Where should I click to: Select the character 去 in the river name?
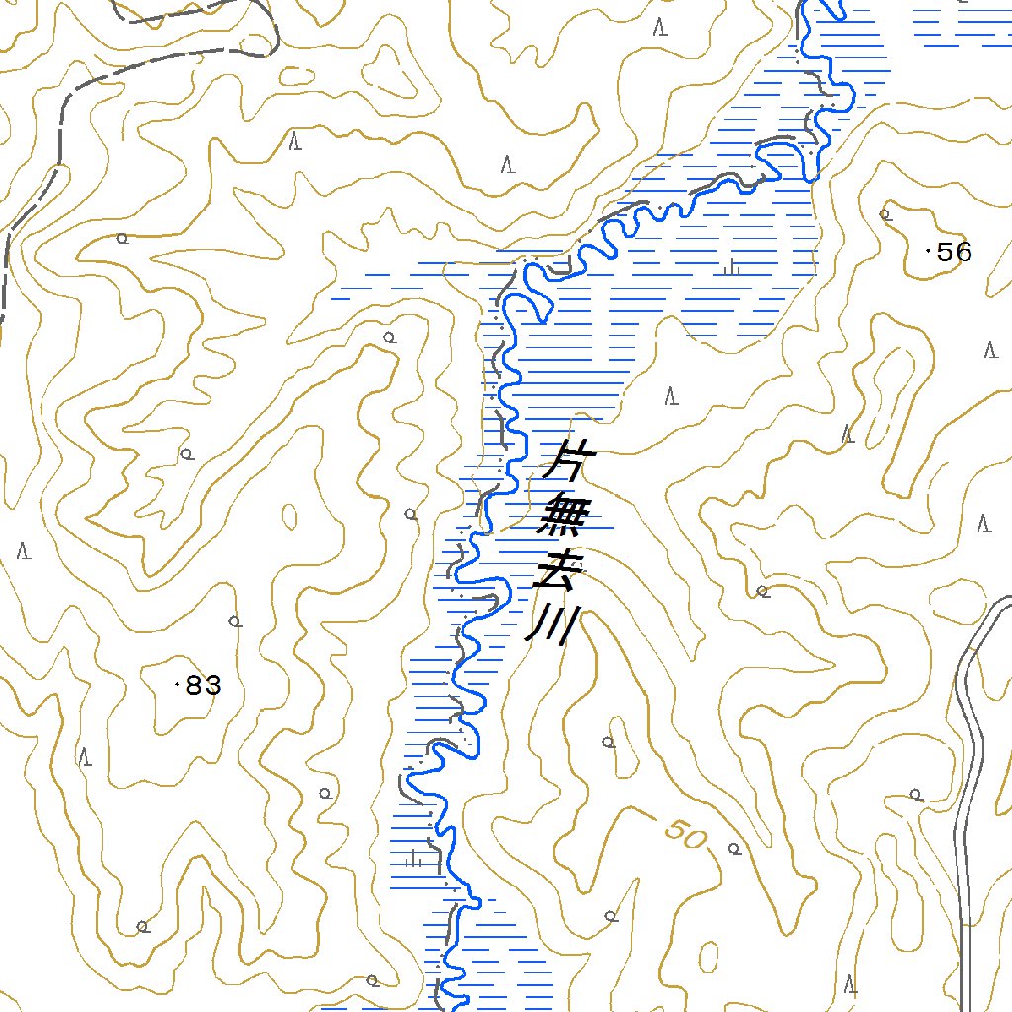pyautogui.click(x=552, y=572)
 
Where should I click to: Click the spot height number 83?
pyautogui.click(x=204, y=685)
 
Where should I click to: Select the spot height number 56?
pyautogui.click(x=955, y=252)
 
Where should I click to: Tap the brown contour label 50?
pyautogui.click(x=687, y=836)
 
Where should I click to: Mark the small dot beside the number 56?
pyautogui.click(x=926, y=252)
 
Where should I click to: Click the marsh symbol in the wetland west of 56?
pyautogui.click(x=731, y=267)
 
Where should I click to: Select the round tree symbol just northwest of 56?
pyautogui.click(x=885, y=212)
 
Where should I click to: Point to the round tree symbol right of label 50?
pyautogui.click(x=733, y=848)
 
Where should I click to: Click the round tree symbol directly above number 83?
pyautogui.click(x=234, y=621)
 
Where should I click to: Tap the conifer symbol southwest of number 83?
pyautogui.click(x=86, y=758)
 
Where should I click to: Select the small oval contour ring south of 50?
pyautogui.click(x=708, y=957)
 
